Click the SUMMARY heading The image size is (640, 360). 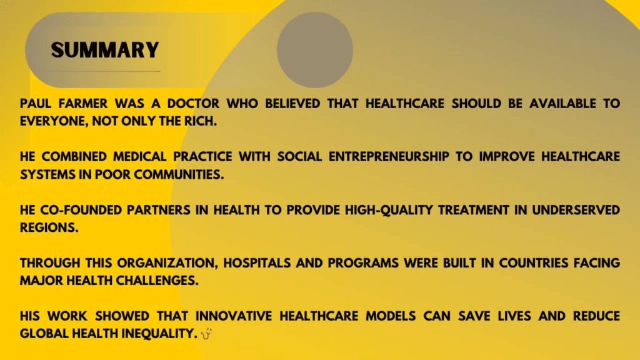tap(105, 50)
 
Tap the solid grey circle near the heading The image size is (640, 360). tap(315, 50)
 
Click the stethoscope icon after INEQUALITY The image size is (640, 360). tap(206, 334)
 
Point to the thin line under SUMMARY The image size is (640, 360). tap(104, 71)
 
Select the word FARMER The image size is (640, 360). tap(83, 104)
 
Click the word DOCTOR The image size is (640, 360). tap(194, 104)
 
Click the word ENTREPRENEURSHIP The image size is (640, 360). tap(389, 157)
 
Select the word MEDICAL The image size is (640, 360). tap(139, 157)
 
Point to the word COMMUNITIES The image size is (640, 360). tap(179, 175)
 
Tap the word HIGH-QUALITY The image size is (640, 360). tap(389, 210)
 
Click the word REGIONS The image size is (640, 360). tap(49, 227)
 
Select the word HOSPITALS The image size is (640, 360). tap(257, 263)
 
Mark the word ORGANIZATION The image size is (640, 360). tap(167, 263)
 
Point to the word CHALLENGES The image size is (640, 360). tap(157, 281)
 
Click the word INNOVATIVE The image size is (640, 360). tap(234, 316)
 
